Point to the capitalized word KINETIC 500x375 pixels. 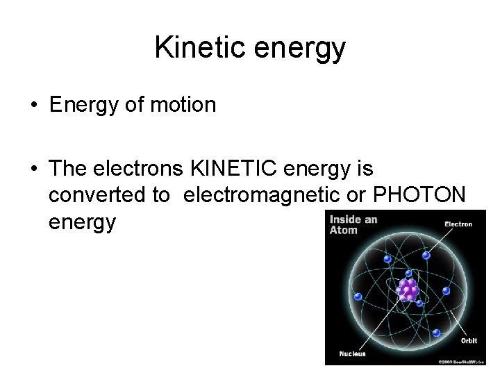(251, 169)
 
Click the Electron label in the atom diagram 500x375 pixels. (458, 224)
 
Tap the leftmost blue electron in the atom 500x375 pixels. (358, 297)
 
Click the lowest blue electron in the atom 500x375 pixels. (435, 333)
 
